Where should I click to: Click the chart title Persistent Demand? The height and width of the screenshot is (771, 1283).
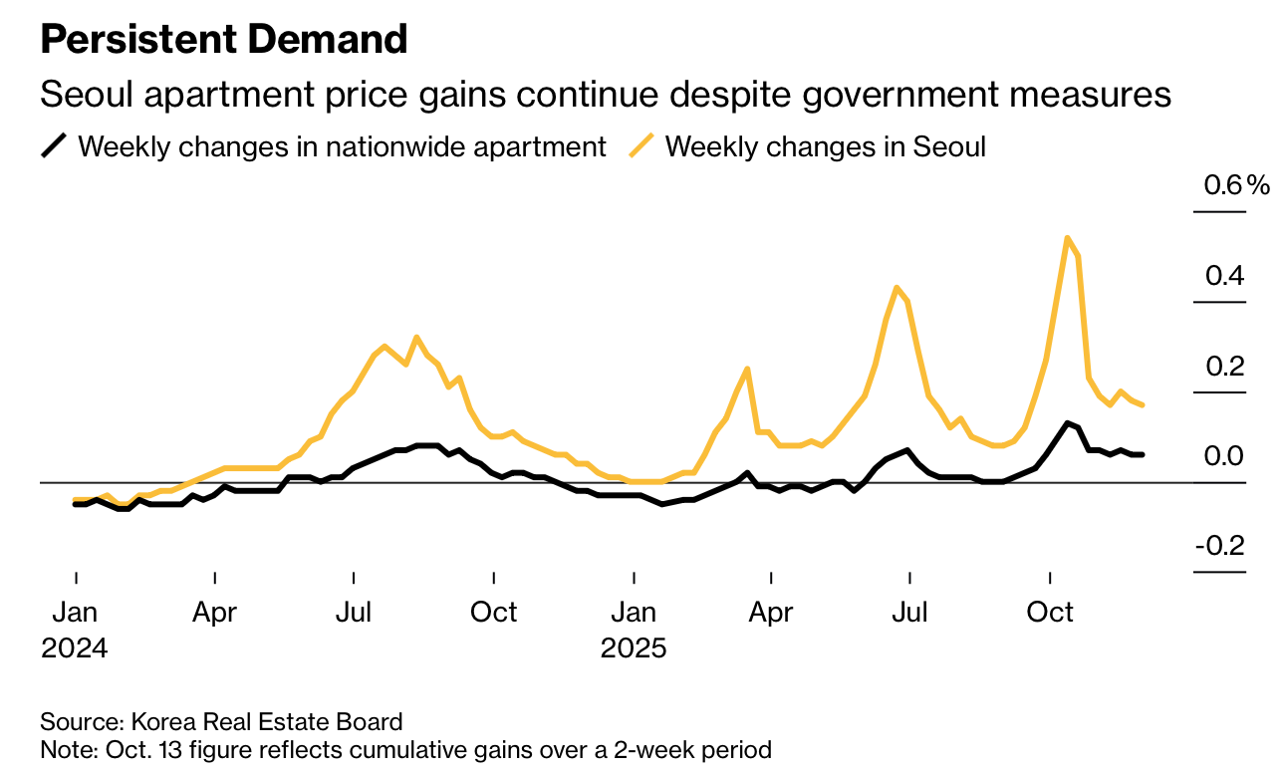point(224,40)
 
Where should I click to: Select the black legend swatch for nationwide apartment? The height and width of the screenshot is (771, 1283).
point(54,146)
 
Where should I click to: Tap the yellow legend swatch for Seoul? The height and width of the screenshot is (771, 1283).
point(641,146)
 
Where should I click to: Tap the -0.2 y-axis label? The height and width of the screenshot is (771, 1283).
point(1219,547)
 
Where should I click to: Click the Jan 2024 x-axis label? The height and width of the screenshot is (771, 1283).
point(75,629)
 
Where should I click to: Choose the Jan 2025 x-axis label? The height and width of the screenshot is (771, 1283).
point(634,629)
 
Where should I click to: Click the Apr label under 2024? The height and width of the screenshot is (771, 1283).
point(215,611)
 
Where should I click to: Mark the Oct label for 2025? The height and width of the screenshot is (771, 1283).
point(1050,611)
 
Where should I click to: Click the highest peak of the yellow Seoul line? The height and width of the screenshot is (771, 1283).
point(1067,238)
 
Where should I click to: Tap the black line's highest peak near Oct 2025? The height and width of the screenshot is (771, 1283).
point(1067,422)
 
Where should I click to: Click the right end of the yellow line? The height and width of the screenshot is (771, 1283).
point(1142,404)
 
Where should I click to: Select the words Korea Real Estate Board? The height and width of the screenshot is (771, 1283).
point(266,722)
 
